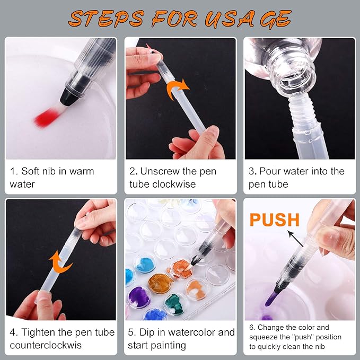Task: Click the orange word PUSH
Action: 274,220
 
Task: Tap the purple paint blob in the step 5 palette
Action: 138,297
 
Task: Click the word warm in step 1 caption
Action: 82,171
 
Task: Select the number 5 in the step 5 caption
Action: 130,332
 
